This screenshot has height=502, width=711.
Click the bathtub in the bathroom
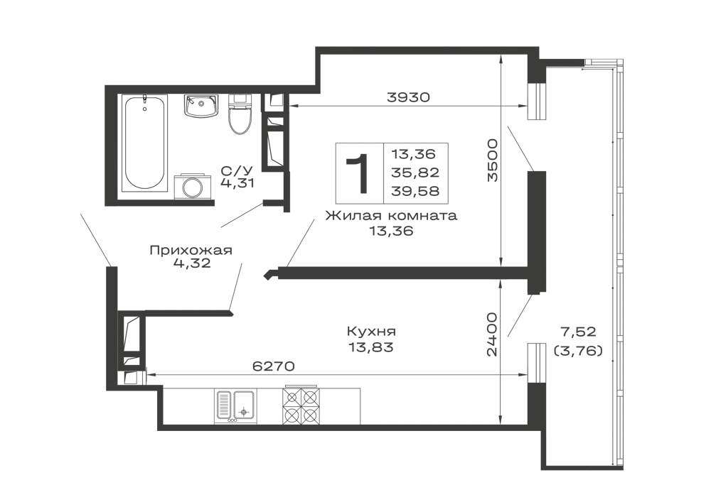coord(144,143)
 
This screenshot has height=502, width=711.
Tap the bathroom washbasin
coord(201,106)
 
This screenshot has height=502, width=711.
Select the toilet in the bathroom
coord(240,113)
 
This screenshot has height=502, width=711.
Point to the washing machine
coord(193,186)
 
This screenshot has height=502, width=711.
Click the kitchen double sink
coord(235,405)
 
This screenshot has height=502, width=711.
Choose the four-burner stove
coord(300,405)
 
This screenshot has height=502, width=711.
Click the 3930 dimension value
coord(407,97)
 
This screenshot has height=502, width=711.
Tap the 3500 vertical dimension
coord(492,160)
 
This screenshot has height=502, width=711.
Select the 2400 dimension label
coord(492,334)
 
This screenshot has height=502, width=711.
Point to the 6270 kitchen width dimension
coord(274,366)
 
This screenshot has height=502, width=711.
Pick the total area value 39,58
coord(416,191)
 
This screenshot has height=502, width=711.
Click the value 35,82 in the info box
coord(416,173)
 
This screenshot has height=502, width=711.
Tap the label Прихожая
coord(191,251)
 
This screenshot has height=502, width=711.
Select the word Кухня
coord(371,332)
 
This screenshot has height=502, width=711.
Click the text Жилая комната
coord(391,215)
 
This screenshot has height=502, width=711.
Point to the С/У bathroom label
coord(237,170)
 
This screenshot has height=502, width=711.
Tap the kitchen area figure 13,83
coord(370,348)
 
